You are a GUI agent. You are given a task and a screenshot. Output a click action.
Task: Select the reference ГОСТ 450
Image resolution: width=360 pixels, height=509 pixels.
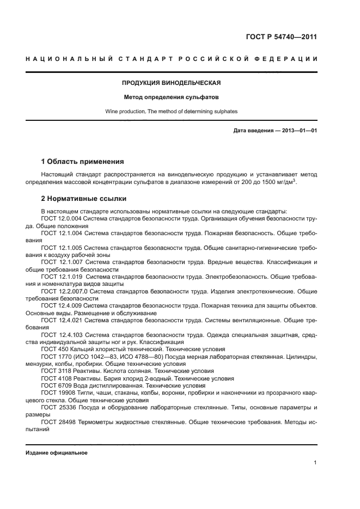(53, 349)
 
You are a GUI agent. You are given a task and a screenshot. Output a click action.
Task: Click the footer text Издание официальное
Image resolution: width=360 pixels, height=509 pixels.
(57, 452)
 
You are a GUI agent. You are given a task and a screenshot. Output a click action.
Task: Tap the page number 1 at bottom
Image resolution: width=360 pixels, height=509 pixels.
(315, 463)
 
